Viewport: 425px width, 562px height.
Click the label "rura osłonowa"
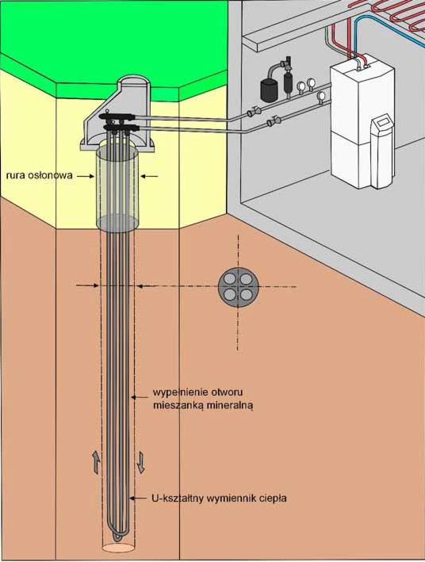[39, 175]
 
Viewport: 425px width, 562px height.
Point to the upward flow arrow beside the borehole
[97, 461]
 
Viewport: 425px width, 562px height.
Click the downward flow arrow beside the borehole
[140, 463]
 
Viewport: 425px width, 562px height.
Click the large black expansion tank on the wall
[267, 88]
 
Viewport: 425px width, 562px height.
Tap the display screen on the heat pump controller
[383, 122]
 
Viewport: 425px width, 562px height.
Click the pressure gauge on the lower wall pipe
[322, 96]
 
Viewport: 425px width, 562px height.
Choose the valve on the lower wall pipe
[274, 121]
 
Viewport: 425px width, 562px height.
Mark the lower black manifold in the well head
[120, 127]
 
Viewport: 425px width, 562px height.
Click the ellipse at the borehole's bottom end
[117, 548]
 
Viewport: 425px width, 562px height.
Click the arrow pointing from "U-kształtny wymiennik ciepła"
[140, 498]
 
